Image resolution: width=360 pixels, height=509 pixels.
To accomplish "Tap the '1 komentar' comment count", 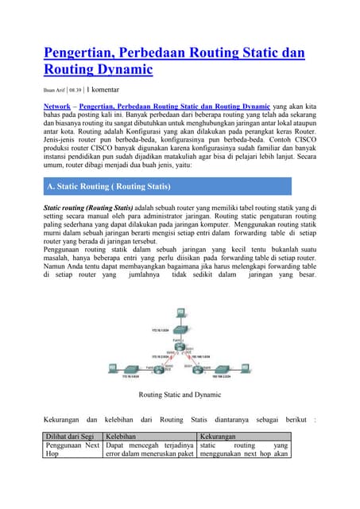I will pyautogui.click(x=108, y=90).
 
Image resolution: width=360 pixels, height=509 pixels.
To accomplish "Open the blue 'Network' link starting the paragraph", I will pyautogui.click(x=58, y=105).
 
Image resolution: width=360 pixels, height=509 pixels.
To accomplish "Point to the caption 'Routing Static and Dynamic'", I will pyautogui.click(x=180, y=394).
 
